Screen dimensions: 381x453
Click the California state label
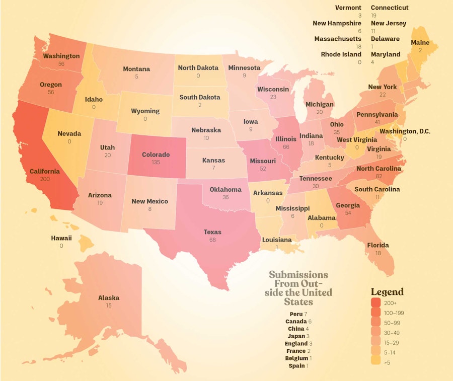[44, 171]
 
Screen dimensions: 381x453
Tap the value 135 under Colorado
[156, 163]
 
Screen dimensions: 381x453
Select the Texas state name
[212, 232]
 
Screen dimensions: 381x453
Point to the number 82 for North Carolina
[379, 177]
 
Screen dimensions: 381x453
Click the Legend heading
[387, 292]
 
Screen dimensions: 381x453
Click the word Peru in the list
[296, 314]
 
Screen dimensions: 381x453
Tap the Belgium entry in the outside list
[296, 358]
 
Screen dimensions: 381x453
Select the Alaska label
[109, 297]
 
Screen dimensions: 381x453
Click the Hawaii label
[61, 238]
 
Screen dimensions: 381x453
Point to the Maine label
[420, 43]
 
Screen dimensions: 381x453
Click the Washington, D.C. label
[405, 131]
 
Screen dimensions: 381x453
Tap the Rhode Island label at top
[341, 54]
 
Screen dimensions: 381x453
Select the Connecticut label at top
[390, 8]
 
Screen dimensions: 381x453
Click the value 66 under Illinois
[285, 146]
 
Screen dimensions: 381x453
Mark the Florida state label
[377, 245]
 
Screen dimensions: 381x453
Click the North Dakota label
[198, 67]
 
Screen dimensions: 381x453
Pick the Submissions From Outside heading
[298, 288]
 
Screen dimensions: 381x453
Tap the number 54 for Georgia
[348, 213]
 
